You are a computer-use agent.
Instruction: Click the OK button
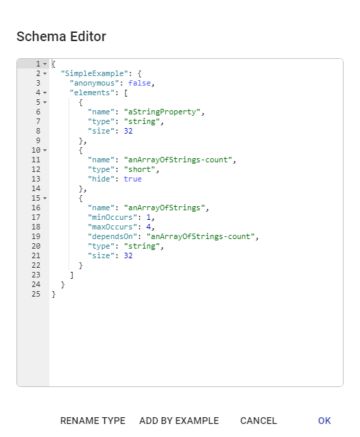tap(324, 421)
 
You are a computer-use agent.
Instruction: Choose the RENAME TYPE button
tap(93, 421)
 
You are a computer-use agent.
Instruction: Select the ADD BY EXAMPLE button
tap(179, 421)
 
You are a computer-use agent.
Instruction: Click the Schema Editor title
tap(62, 36)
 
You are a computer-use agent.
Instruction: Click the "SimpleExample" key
tap(95, 73)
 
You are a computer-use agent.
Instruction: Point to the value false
tap(139, 83)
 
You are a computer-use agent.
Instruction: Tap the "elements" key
tap(92, 92)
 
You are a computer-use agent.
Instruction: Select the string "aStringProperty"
tap(162, 112)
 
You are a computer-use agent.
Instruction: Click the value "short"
tap(139, 169)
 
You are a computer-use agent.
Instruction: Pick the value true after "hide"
tap(132, 179)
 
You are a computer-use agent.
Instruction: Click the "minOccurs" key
tap(112, 217)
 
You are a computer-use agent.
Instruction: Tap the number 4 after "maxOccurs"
tap(149, 227)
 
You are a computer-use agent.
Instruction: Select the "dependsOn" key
tap(110, 236)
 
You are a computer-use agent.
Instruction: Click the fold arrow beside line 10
tap(45, 151)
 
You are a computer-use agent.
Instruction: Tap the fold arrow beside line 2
tap(45, 74)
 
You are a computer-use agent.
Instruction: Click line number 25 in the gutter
tap(36, 294)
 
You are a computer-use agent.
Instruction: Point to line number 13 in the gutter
tap(36, 179)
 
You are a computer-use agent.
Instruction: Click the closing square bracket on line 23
tap(72, 275)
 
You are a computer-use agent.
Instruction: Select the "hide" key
tap(101, 179)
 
